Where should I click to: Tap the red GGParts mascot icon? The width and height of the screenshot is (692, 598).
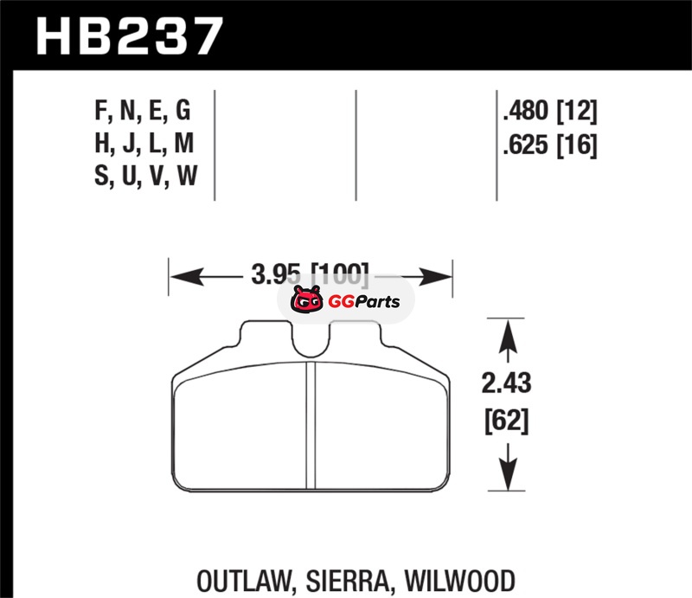coord(304,301)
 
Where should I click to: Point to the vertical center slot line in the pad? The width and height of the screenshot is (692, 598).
coord(311,424)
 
